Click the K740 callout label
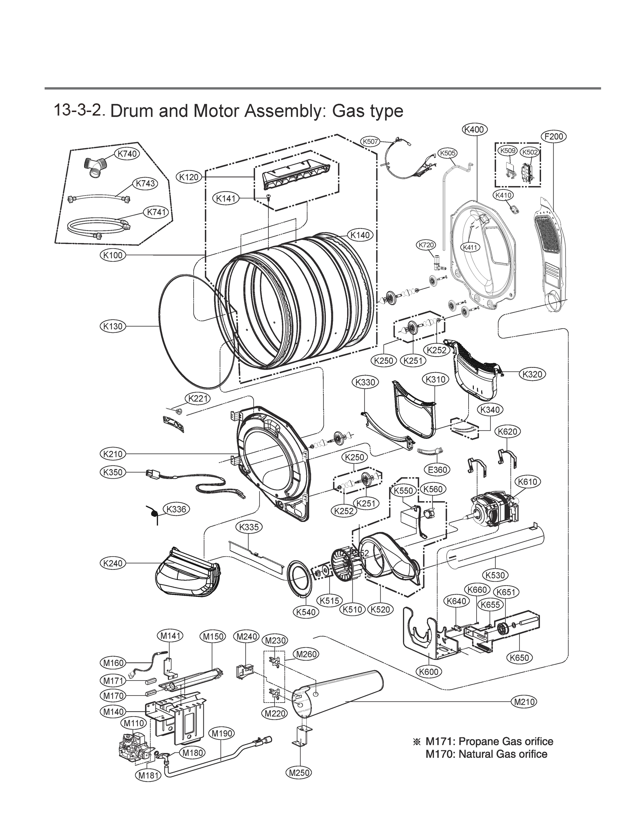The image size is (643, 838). (x=127, y=154)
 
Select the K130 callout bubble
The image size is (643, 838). (x=113, y=326)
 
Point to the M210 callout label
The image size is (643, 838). (x=524, y=702)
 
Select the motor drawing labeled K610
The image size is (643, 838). (x=494, y=510)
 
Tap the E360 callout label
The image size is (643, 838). (x=437, y=470)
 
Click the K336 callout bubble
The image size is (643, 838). (x=177, y=509)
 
